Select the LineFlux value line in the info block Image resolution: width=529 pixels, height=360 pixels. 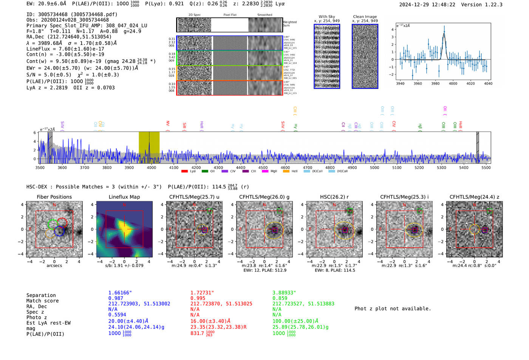pyautogui.click(x=65, y=49)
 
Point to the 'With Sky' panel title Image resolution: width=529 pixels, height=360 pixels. pyautogui.click(x=327, y=17)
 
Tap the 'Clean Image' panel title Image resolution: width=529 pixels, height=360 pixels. pyautogui.click(x=365, y=17)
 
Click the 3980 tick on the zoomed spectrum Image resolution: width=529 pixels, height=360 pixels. pyautogui.click(x=435, y=83)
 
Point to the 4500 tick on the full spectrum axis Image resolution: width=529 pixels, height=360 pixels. pyautogui.click(x=263, y=168)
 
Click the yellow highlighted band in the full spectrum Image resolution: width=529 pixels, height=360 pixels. pyautogui.click(x=149, y=147)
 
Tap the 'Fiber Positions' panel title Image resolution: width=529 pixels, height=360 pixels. pyautogui.click(x=54, y=197)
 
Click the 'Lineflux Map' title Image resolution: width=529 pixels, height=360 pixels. pyautogui.click(x=124, y=197)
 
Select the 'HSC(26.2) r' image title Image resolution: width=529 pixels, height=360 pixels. pyautogui.click(x=334, y=197)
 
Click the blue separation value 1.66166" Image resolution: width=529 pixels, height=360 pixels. pyautogui.click(x=120, y=293)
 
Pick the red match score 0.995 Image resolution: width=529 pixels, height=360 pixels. pyautogui.click(x=198, y=298)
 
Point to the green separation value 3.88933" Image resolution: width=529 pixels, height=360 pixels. pyautogui.click(x=284, y=293)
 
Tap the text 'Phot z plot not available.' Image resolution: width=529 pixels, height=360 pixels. pyautogui.click(x=393, y=309)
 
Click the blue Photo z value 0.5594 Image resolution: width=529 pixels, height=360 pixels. pyautogui.click(x=117, y=315)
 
